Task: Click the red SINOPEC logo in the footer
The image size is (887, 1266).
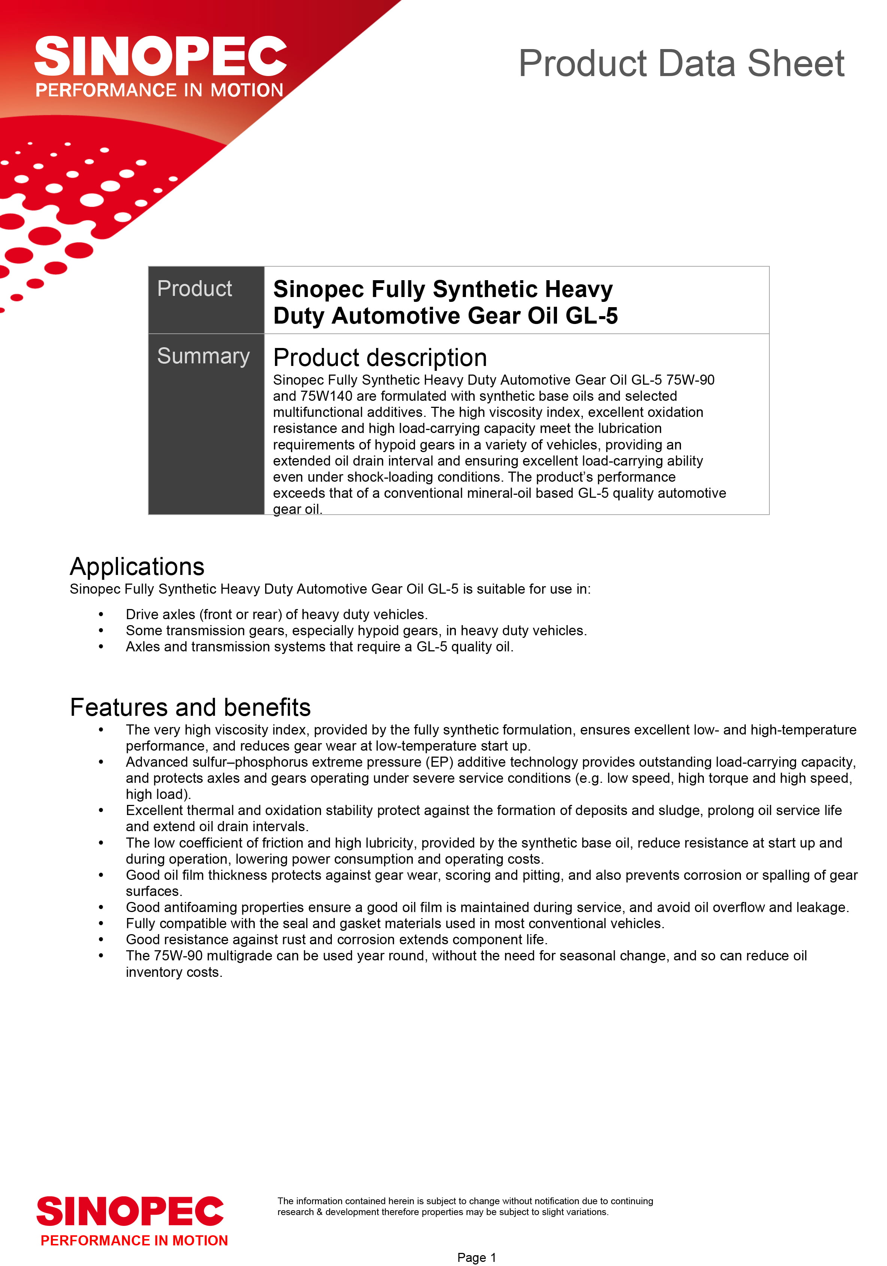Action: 130,1211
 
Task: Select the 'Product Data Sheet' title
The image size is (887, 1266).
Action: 681,63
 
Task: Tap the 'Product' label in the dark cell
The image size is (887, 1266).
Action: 195,289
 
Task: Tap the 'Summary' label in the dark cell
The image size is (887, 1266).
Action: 203,356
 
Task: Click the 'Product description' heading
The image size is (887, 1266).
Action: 380,358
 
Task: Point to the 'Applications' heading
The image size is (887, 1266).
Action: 137,567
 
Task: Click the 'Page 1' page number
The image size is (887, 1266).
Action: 476,1257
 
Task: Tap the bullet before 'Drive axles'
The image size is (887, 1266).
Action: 101,615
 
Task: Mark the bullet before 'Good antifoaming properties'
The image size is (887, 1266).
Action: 101,908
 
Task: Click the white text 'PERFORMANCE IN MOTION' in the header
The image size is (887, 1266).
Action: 159,90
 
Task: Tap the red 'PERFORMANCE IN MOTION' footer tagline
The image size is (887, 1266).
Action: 134,1241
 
